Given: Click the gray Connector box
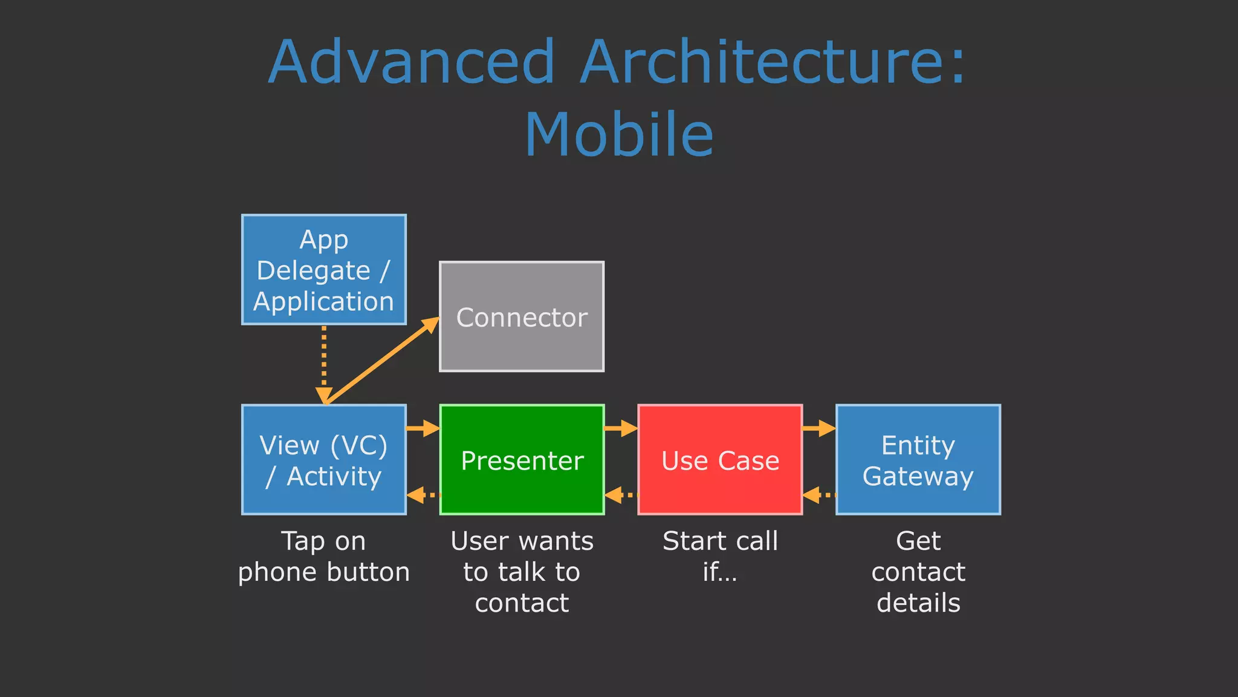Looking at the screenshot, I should point(521,316).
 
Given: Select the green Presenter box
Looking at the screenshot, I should point(522,460).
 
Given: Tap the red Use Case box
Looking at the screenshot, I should point(720,460).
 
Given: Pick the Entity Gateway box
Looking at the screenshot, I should point(918,460).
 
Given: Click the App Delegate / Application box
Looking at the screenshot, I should point(323,270).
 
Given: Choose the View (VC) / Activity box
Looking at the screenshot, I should point(323,460).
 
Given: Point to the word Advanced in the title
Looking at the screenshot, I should point(411,62).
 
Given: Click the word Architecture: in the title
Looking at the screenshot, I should point(774,62).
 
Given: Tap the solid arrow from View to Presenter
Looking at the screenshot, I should point(423,428).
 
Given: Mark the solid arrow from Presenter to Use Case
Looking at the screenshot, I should point(620,428).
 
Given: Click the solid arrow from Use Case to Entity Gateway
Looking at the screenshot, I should point(818,428).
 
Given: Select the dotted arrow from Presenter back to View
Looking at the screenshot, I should point(423,496).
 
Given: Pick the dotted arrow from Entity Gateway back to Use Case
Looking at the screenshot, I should point(819,496).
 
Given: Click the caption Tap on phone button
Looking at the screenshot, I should point(323,557).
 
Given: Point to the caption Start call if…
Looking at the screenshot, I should point(720,557).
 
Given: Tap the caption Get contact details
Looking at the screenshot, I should point(918,572).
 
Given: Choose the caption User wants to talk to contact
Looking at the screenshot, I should point(522,572).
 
